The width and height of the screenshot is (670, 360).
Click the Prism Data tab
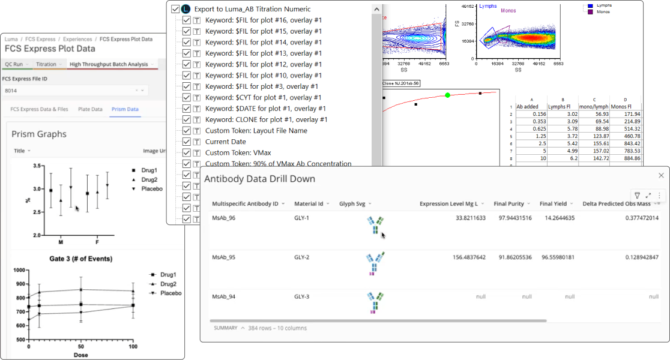point(125,109)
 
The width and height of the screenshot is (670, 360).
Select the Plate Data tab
point(89,109)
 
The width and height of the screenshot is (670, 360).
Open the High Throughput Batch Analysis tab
point(109,64)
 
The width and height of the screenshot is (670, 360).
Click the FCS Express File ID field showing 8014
point(69,90)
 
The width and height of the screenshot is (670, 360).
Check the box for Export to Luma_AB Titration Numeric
point(175,9)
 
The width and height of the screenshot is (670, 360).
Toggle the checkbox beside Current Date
point(187,142)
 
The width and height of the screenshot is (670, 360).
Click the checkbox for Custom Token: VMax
point(187,153)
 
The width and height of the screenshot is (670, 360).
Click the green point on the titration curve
point(448,95)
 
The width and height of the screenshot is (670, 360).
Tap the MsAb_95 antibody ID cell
point(224,257)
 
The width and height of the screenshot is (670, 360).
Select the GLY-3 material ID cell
point(301,296)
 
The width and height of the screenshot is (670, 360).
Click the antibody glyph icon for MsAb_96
point(375,226)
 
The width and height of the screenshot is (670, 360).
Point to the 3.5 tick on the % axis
point(37,166)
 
